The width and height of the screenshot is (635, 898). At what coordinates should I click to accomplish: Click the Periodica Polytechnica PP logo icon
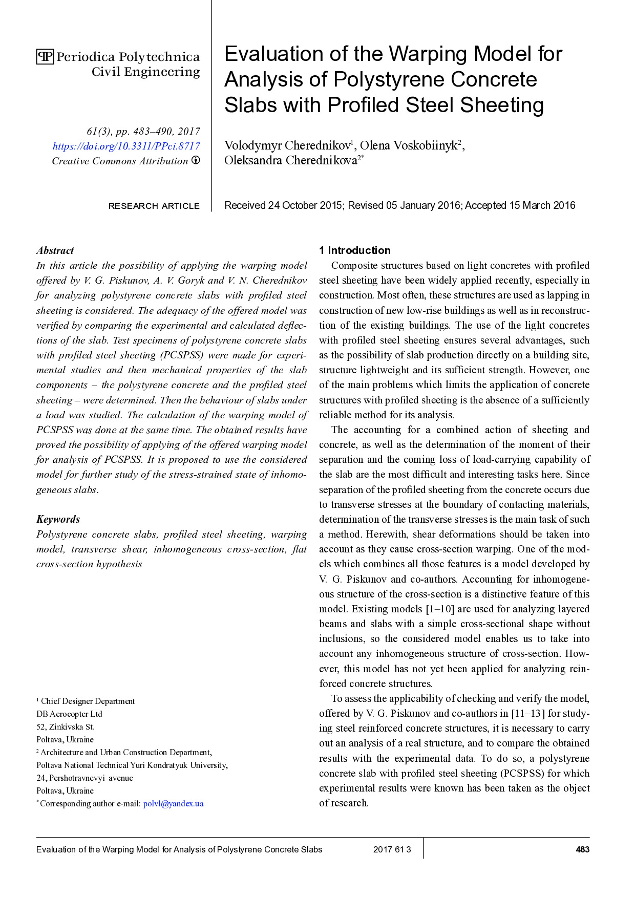[45, 57]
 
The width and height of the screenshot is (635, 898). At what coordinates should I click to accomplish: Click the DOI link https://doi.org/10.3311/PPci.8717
[126, 146]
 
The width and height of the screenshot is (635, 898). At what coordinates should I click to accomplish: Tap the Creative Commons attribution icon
[196, 160]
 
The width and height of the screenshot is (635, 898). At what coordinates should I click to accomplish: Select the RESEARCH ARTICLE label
[154, 206]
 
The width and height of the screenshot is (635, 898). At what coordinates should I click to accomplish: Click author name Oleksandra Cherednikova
[290, 161]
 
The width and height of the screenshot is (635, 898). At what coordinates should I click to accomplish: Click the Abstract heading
[55, 250]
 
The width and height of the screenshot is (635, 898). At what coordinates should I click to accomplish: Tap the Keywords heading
[58, 519]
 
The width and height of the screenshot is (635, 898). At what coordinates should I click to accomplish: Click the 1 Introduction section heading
[354, 250]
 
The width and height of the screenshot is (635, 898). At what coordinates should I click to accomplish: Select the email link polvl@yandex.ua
[173, 804]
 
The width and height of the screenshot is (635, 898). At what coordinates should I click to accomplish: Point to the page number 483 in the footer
[582, 850]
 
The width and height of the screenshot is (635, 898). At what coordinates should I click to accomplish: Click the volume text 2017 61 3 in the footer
[392, 850]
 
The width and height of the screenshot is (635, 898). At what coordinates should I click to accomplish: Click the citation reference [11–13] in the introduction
[528, 714]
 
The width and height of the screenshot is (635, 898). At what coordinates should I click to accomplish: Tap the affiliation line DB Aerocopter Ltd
[69, 714]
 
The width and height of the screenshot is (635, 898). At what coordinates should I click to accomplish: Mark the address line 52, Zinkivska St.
[66, 727]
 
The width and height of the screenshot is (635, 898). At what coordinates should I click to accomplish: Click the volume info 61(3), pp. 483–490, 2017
[143, 132]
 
